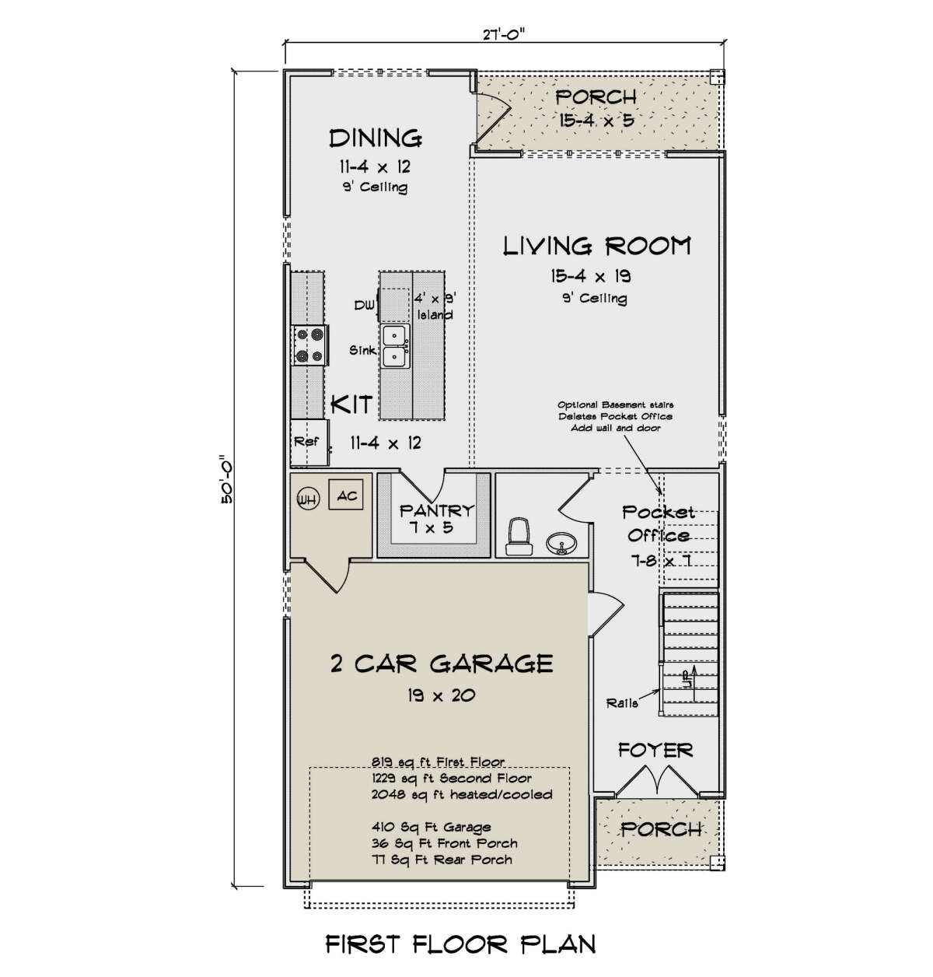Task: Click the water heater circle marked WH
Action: (307, 499)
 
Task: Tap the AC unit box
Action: (345, 495)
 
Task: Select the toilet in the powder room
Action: (518, 536)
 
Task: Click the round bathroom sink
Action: (561, 543)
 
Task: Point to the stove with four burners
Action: (309, 345)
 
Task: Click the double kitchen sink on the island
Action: (394, 346)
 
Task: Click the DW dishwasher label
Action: (365, 305)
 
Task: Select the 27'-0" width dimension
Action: (503, 35)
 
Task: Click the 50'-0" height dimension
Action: (225, 479)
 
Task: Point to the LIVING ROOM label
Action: (597, 246)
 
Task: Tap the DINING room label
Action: (376, 138)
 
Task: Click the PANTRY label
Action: (436, 511)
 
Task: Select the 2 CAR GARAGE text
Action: (441, 664)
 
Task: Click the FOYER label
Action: (655, 750)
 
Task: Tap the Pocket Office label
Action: (659, 524)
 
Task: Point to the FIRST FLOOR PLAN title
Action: (461, 944)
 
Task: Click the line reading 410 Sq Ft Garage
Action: (431, 827)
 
